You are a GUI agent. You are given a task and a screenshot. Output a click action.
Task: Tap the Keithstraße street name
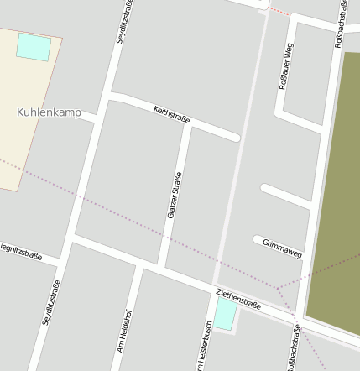point(172,114)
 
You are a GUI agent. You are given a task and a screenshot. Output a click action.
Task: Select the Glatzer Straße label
point(175,196)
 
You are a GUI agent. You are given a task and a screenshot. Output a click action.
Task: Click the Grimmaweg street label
point(282,248)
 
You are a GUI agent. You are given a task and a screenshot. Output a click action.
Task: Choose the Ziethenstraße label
point(238,300)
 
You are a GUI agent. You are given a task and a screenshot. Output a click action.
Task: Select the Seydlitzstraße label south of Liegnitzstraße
point(50,302)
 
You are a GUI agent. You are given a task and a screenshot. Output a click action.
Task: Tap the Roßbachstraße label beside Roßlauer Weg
point(342,25)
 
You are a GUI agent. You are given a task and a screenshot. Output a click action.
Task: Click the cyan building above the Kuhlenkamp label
point(34,47)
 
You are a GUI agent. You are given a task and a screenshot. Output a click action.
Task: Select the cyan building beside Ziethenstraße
point(225,314)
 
